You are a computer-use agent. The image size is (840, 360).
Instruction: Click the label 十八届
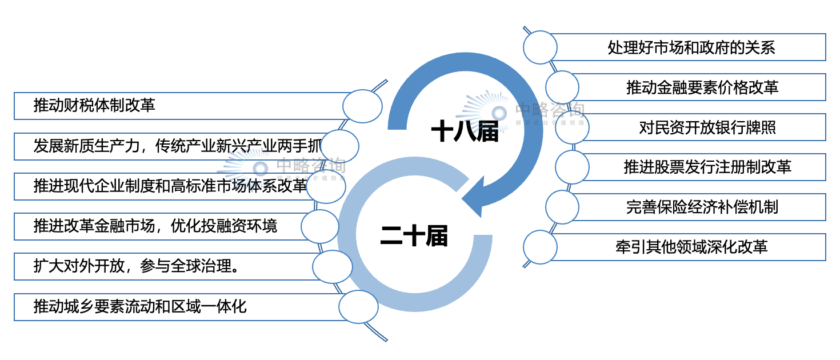(464, 131)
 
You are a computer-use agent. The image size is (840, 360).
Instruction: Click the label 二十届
(414, 235)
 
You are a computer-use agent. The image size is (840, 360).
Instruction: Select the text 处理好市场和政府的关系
(691, 47)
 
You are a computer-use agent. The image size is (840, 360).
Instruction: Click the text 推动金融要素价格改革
(702, 87)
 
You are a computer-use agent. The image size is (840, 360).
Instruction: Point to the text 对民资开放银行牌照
(707, 127)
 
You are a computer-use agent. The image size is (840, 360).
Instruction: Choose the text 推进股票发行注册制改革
(707, 167)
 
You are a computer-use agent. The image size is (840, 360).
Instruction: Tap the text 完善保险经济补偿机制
(702, 207)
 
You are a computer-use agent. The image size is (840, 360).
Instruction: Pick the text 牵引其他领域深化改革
(691, 247)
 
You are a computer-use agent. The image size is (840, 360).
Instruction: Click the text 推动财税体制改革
(94, 106)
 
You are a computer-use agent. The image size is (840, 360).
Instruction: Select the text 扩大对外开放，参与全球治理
(136, 266)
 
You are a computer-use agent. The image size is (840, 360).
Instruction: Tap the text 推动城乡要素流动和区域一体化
(140, 306)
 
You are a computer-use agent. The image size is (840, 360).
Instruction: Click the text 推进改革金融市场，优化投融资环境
(155, 226)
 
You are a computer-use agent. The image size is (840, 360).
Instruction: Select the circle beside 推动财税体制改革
(362, 106)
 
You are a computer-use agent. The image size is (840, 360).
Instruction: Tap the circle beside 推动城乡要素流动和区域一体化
(358, 306)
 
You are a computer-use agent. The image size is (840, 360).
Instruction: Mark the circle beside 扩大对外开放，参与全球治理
(333, 266)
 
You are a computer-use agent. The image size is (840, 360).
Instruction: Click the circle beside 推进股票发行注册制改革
(573, 167)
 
